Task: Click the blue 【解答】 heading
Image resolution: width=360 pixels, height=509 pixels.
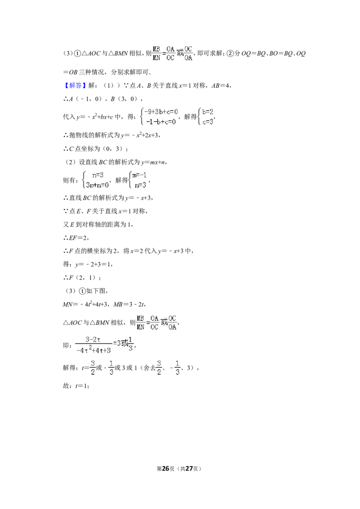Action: (x=74, y=85)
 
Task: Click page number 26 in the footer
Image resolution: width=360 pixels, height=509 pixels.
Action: (x=166, y=469)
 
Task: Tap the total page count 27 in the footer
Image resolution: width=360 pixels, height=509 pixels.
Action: (x=189, y=469)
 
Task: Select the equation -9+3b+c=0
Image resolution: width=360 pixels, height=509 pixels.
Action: (x=161, y=112)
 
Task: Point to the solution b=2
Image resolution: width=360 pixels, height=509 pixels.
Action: (x=207, y=112)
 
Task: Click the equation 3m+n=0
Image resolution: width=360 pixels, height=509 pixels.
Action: (x=97, y=185)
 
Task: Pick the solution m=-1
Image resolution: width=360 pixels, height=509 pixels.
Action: (x=139, y=175)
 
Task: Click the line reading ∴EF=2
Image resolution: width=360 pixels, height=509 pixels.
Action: (x=76, y=238)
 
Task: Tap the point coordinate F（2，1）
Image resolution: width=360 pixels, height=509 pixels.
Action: (x=81, y=278)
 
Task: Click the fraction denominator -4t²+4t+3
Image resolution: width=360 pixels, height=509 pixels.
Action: (x=94, y=350)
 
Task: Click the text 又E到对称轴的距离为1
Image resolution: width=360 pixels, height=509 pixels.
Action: (x=98, y=225)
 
